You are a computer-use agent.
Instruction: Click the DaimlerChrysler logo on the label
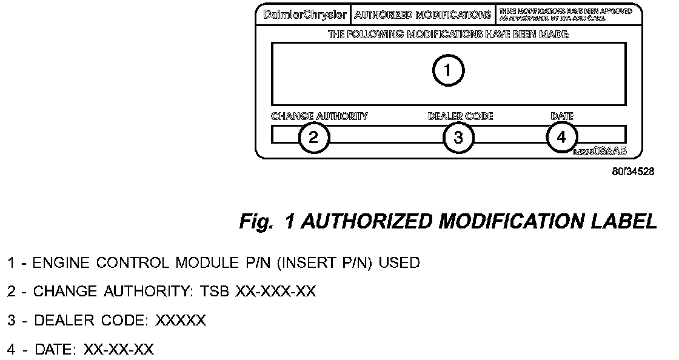pos(306,15)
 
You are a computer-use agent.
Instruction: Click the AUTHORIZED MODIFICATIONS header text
pos(423,15)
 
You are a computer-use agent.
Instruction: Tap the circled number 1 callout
pos(448,72)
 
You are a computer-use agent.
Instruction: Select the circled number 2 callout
pos(313,137)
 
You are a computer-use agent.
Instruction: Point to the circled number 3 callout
pos(458,137)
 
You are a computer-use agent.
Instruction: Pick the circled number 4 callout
pos(561,137)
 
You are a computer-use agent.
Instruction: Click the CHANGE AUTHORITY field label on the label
pos(319,116)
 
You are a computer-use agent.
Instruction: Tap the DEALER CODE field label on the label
pos(460,116)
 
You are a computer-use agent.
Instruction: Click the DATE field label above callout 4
pos(561,116)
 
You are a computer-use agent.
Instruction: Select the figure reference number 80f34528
pos(633,172)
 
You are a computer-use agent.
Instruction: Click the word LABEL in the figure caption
pos(625,222)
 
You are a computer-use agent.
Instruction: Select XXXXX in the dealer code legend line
pos(181,321)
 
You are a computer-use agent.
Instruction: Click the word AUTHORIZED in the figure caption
pos(366,222)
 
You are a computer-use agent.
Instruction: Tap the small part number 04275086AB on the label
pos(599,151)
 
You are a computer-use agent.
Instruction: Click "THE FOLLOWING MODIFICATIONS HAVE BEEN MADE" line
pos(449,35)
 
